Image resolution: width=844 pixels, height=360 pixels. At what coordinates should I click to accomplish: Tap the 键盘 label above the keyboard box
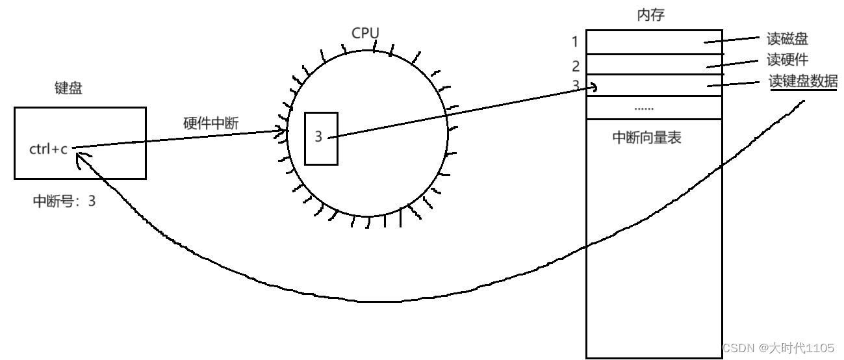pyautogui.click(x=69, y=89)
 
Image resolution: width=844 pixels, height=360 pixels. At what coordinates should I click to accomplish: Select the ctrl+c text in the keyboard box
pyautogui.click(x=48, y=149)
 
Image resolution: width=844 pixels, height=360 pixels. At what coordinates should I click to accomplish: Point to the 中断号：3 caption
pyautogui.click(x=64, y=201)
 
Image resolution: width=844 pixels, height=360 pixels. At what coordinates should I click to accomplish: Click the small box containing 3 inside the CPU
pyautogui.click(x=321, y=138)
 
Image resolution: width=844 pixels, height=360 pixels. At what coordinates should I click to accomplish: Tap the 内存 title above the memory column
pyautogui.click(x=650, y=15)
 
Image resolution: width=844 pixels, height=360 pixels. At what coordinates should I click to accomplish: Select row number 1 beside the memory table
pyautogui.click(x=575, y=42)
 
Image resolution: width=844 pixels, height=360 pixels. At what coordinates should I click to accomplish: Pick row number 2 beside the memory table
pyautogui.click(x=576, y=66)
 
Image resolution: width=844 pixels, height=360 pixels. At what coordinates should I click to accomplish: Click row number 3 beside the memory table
pyautogui.click(x=576, y=84)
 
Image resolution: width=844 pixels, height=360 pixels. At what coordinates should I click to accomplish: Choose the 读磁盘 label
pyautogui.click(x=787, y=39)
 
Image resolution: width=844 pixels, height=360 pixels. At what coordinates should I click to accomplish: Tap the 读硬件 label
pyautogui.click(x=787, y=60)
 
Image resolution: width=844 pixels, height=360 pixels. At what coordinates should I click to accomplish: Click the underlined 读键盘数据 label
pyautogui.click(x=803, y=82)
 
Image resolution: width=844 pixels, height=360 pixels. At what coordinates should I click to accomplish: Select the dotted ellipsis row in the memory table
pyautogui.click(x=654, y=108)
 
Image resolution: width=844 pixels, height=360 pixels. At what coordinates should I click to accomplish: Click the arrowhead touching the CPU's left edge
pyautogui.click(x=284, y=131)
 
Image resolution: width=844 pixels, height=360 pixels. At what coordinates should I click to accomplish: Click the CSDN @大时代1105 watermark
pyautogui.click(x=778, y=348)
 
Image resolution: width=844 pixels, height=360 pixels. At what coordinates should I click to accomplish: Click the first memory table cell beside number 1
pyautogui.click(x=654, y=42)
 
